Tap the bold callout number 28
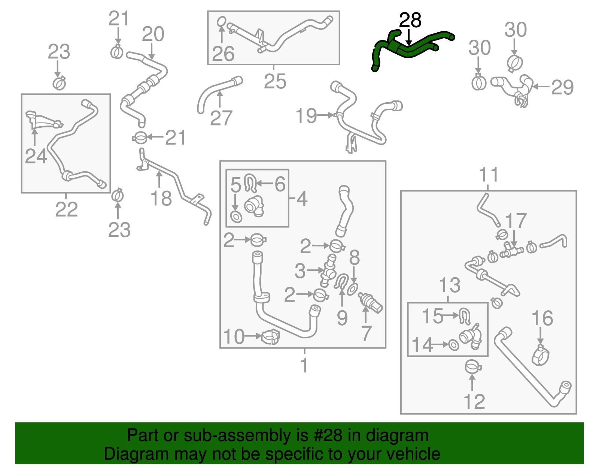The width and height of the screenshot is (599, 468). [x=410, y=20]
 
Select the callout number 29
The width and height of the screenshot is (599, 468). [x=562, y=88]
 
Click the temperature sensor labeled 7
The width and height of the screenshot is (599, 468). [x=371, y=302]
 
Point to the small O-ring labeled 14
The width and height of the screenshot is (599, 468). [x=453, y=345]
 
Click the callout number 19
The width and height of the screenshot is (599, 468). [x=306, y=116]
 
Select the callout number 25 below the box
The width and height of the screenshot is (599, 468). [x=275, y=81]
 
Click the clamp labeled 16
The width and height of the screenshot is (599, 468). [x=541, y=355]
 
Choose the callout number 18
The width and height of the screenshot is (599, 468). [x=161, y=199]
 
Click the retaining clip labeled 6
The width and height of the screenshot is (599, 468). [x=250, y=182]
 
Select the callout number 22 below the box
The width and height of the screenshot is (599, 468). [x=67, y=209]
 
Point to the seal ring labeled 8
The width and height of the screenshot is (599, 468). [x=352, y=289]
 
